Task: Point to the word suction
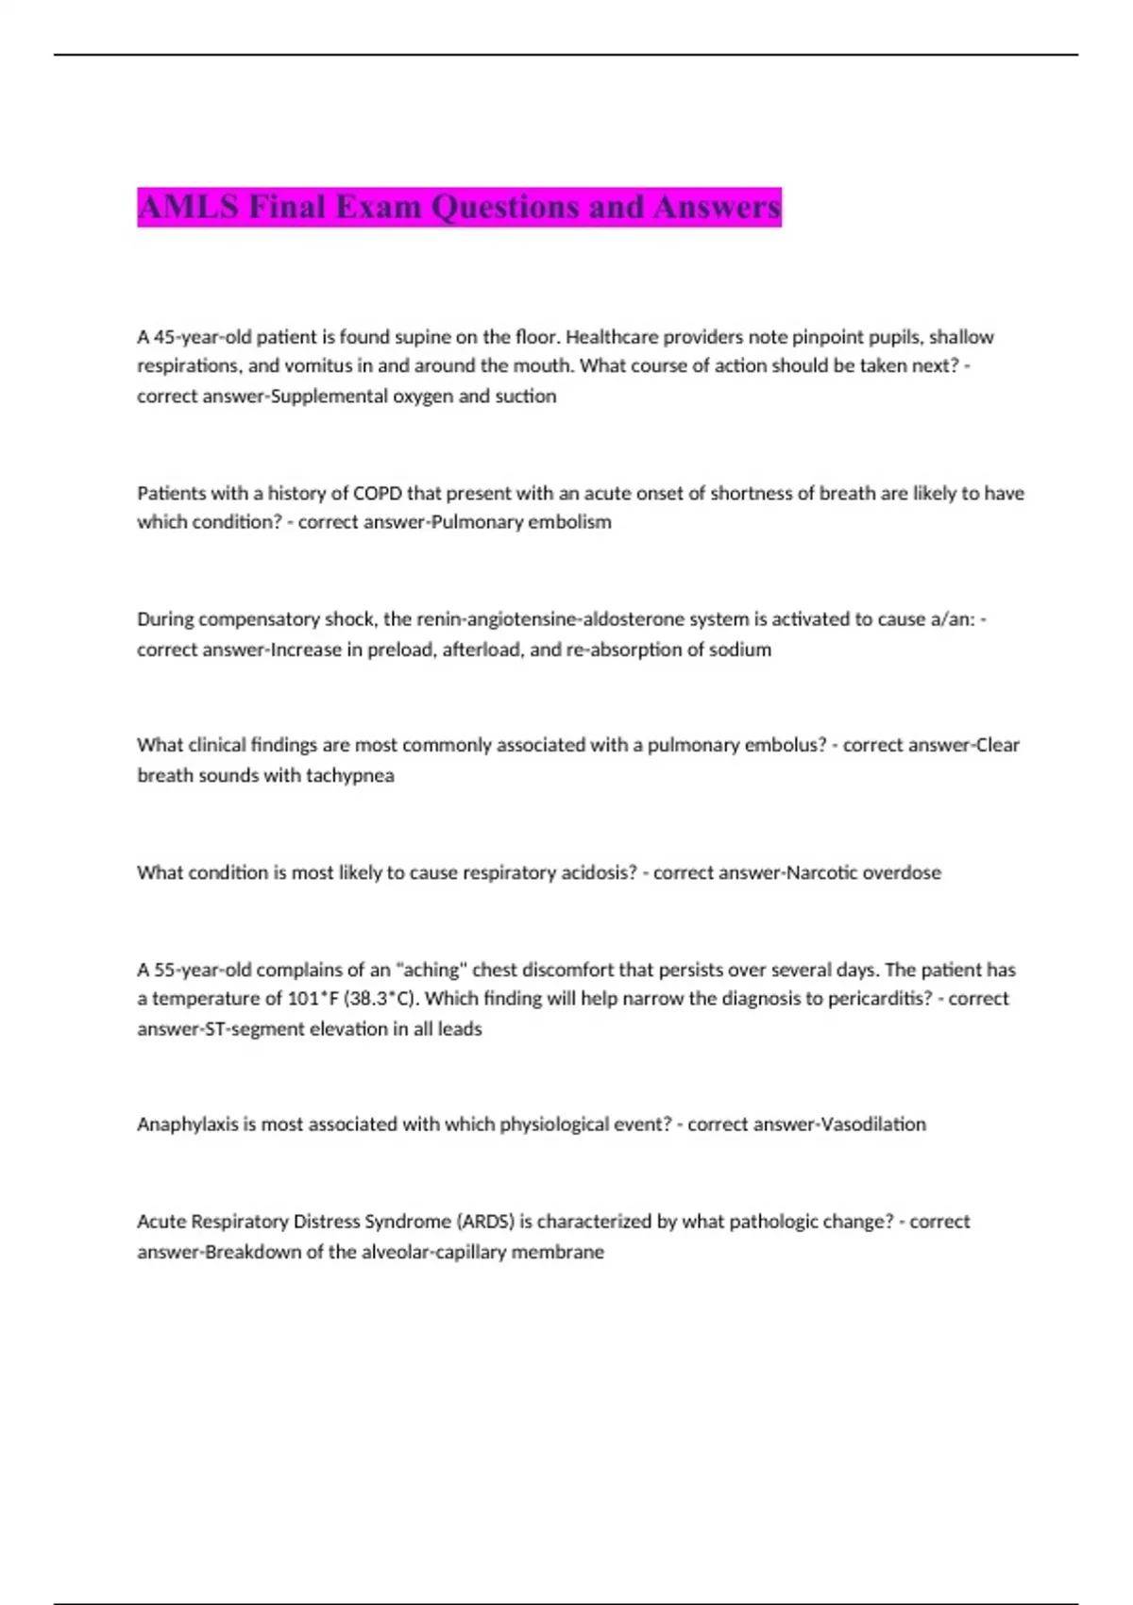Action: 526,397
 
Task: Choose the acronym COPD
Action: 377,493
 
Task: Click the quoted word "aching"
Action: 431,970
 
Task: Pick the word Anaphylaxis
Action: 187,1124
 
